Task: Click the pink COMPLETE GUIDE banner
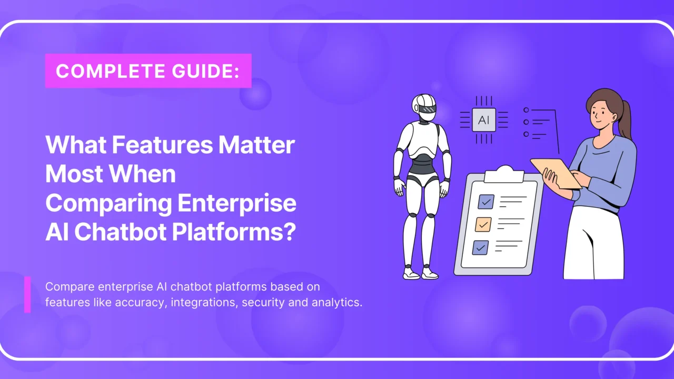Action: click(x=148, y=71)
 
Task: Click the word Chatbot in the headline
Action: click(x=120, y=233)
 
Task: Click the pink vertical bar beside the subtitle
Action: click(x=27, y=294)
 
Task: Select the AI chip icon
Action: click(x=483, y=120)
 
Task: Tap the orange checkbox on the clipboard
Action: click(x=483, y=224)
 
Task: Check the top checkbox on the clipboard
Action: click(x=485, y=202)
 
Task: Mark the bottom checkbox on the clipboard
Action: click(x=480, y=247)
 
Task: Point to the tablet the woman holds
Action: click(x=555, y=172)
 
